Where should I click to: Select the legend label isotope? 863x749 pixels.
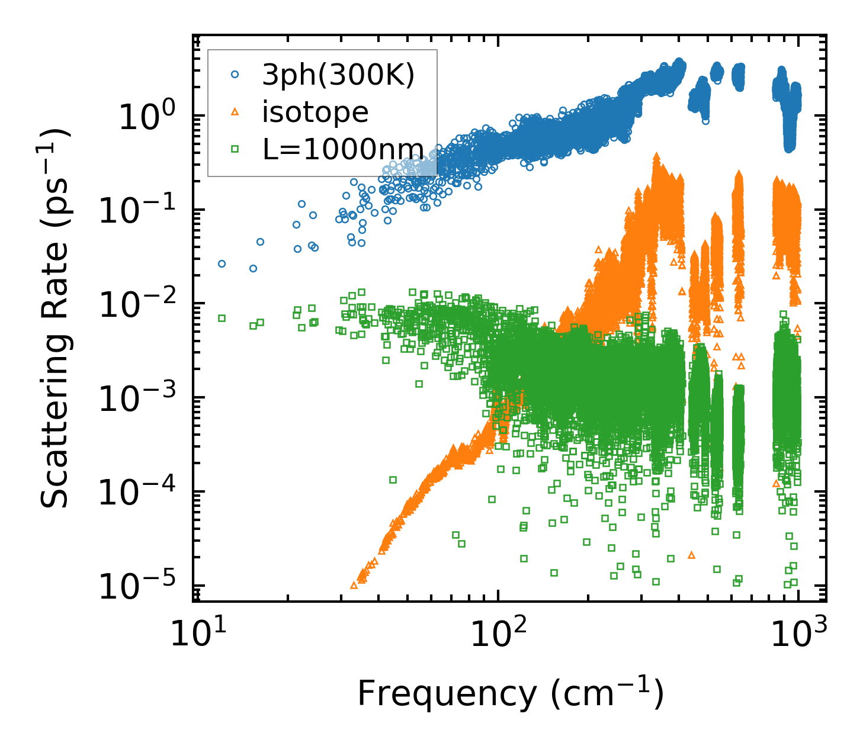(315, 112)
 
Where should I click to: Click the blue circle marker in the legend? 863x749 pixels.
(235, 75)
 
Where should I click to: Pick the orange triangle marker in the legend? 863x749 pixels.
(235, 112)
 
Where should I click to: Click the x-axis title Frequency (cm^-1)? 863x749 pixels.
(510, 693)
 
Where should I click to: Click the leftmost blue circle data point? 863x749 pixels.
(222, 263)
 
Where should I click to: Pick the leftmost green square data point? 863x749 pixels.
(222, 318)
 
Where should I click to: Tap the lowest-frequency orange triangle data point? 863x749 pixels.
(354, 585)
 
